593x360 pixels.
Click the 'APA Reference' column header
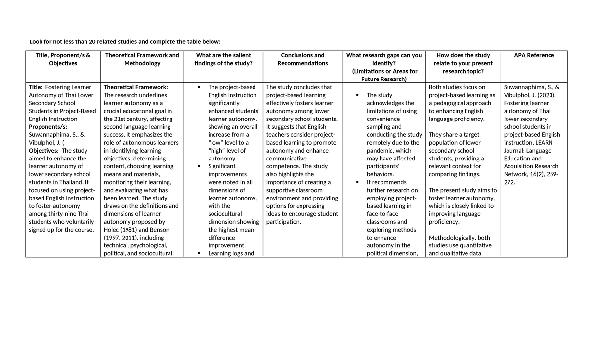(x=534, y=55)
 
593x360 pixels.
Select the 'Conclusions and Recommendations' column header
(x=302, y=59)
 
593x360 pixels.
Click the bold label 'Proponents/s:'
(x=48, y=127)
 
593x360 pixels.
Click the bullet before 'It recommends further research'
(x=357, y=183)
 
